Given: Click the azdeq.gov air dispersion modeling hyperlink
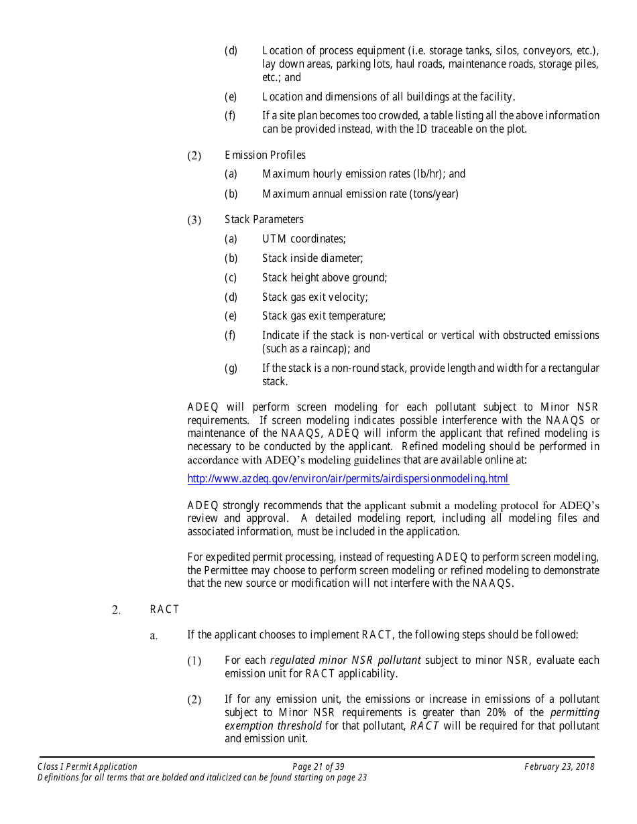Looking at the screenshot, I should pyautogui.click(x=348, y=479).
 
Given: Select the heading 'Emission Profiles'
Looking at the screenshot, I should pyautogui.click(x=265, y=155).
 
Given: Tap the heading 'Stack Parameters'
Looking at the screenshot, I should pyautogui.click(x=264, y=220).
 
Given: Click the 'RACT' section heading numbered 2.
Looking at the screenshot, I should pyautogui.click(x=164, y=610).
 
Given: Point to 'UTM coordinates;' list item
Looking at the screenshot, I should pyautogui.click(x=304, y=239).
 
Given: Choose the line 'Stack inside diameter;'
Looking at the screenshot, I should pyautogui.click(x=312, y=259).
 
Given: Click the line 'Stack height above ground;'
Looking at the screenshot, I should pyautogui.click(x=325, y=278).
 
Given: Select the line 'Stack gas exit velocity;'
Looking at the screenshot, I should pyautogui.click(x=314, y=297).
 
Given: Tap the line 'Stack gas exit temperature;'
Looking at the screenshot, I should pyautogui.click(x=324, y=316).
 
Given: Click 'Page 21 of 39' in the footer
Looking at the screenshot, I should pyautogui.click(x=318, y=767).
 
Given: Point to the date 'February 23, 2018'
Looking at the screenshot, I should pyautogui.click(x=559, y=767).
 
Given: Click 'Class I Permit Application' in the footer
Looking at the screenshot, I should pyautogui.click(x=87, y=767).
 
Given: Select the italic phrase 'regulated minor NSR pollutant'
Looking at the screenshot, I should pyautogui.click(x=345, y=661).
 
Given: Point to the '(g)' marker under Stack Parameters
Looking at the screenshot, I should pyautogui.click(x=231, y=368).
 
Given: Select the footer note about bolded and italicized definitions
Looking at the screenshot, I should pyautogui.click(x=202, y=778).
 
